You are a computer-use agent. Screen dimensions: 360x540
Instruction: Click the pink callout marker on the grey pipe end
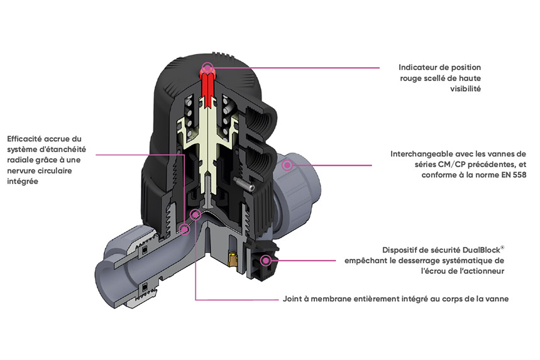click(x=287, y=165)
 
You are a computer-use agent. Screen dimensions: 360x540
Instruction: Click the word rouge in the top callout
click(x=412, y=79)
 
